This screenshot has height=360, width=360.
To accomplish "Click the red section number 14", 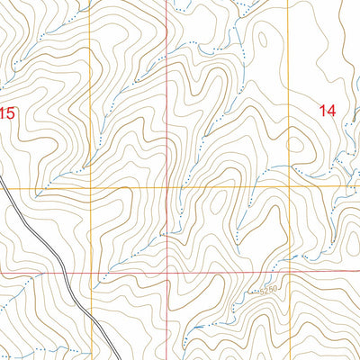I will click(x=328, y=110).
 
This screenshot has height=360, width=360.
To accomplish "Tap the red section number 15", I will click(x=8, y=113).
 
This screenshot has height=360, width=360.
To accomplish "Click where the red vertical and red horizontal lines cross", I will click(x=167, y=272).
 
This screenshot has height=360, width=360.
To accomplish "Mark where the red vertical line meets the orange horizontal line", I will click(x=167, y=189).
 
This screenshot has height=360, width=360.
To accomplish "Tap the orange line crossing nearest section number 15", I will click(x=92, y=189).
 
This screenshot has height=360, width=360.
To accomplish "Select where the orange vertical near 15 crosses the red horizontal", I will click(x=92, y=273).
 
